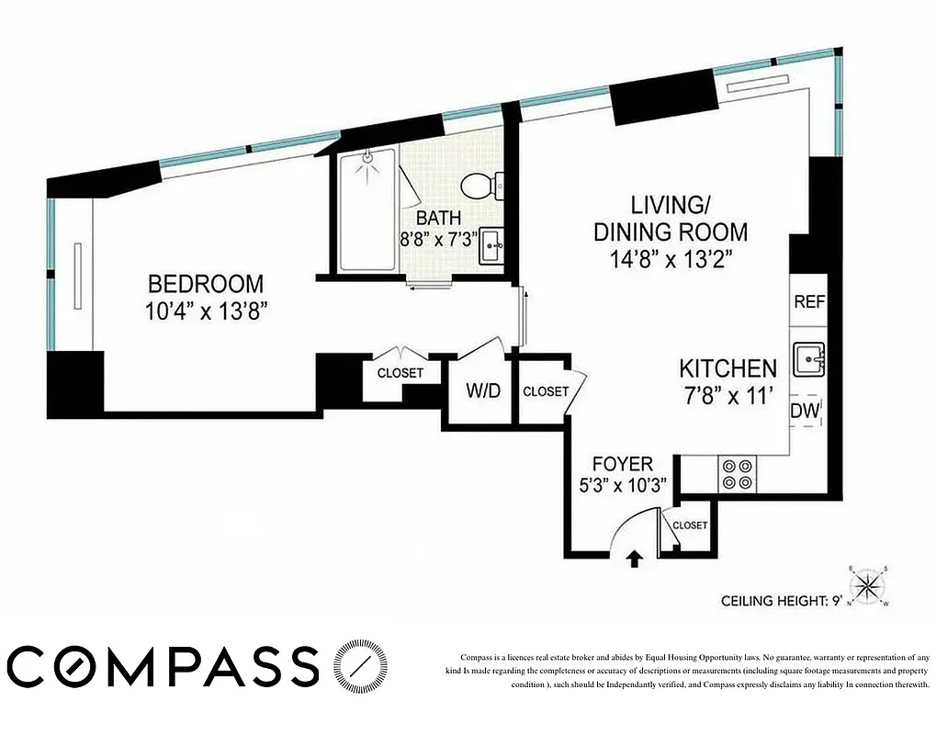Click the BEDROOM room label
tap(206, 284)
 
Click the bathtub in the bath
tap(367, 210)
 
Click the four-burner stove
tap(737, 473)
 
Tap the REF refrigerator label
tap(808, 301)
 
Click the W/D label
tap(482, 390)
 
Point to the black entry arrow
tap(634, 557)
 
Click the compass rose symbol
tap(868, 584)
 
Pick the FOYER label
tap(622, 464)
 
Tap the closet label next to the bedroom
tap(400, 373)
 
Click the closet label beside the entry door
tap(690, 526)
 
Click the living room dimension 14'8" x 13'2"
tap(671, 260)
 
